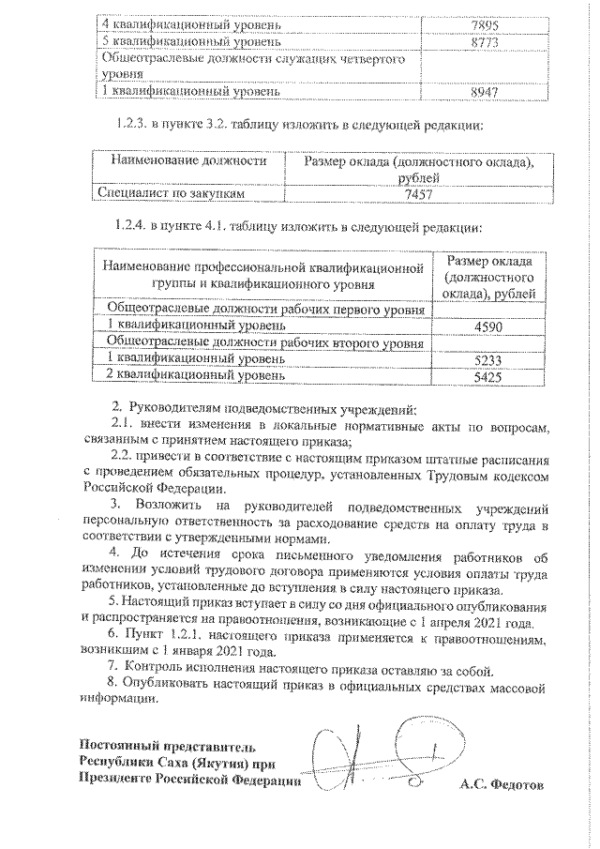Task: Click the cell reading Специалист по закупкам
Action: (172, 194)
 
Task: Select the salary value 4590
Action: (487, 325)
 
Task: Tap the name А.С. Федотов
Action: (502, 781)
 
